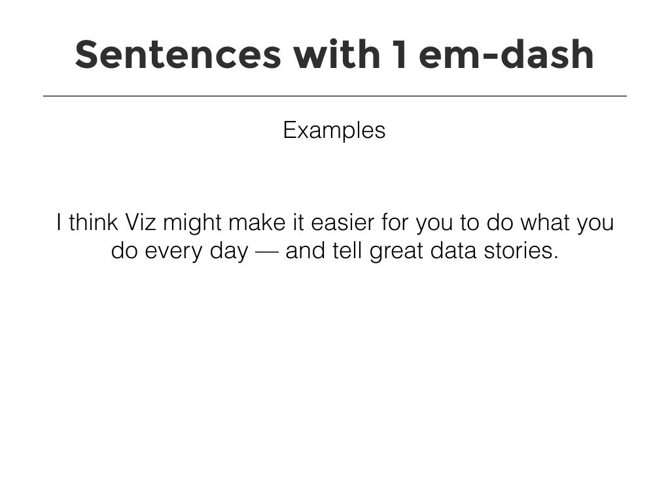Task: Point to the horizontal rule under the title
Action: (335, 96)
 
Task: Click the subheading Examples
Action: (334, 131)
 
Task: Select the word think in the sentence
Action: (92, 223)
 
